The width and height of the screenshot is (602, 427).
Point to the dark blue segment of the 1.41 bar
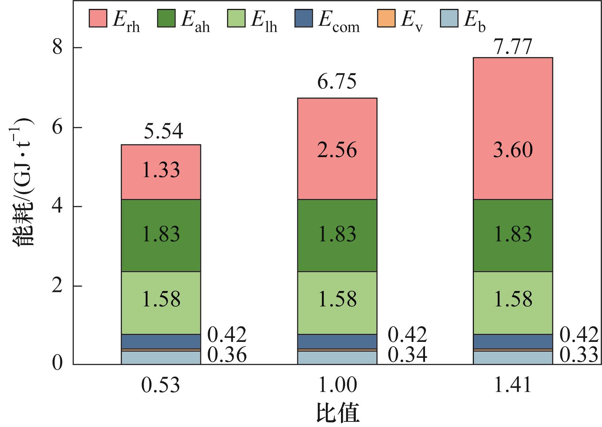[513, 341]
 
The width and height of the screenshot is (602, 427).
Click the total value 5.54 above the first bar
[163, 132]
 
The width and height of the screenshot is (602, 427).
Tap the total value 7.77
[513, 47]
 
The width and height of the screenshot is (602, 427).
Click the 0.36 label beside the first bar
[227, 355]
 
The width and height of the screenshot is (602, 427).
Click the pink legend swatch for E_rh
[98, 18]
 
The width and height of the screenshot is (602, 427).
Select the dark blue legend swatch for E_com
[304, 18]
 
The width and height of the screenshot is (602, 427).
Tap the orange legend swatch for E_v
[386, 18]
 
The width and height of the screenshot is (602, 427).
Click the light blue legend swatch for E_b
[449, 18]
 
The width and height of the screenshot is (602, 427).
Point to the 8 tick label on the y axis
[58, 48]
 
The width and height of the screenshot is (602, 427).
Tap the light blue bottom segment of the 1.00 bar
[337, 358]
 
